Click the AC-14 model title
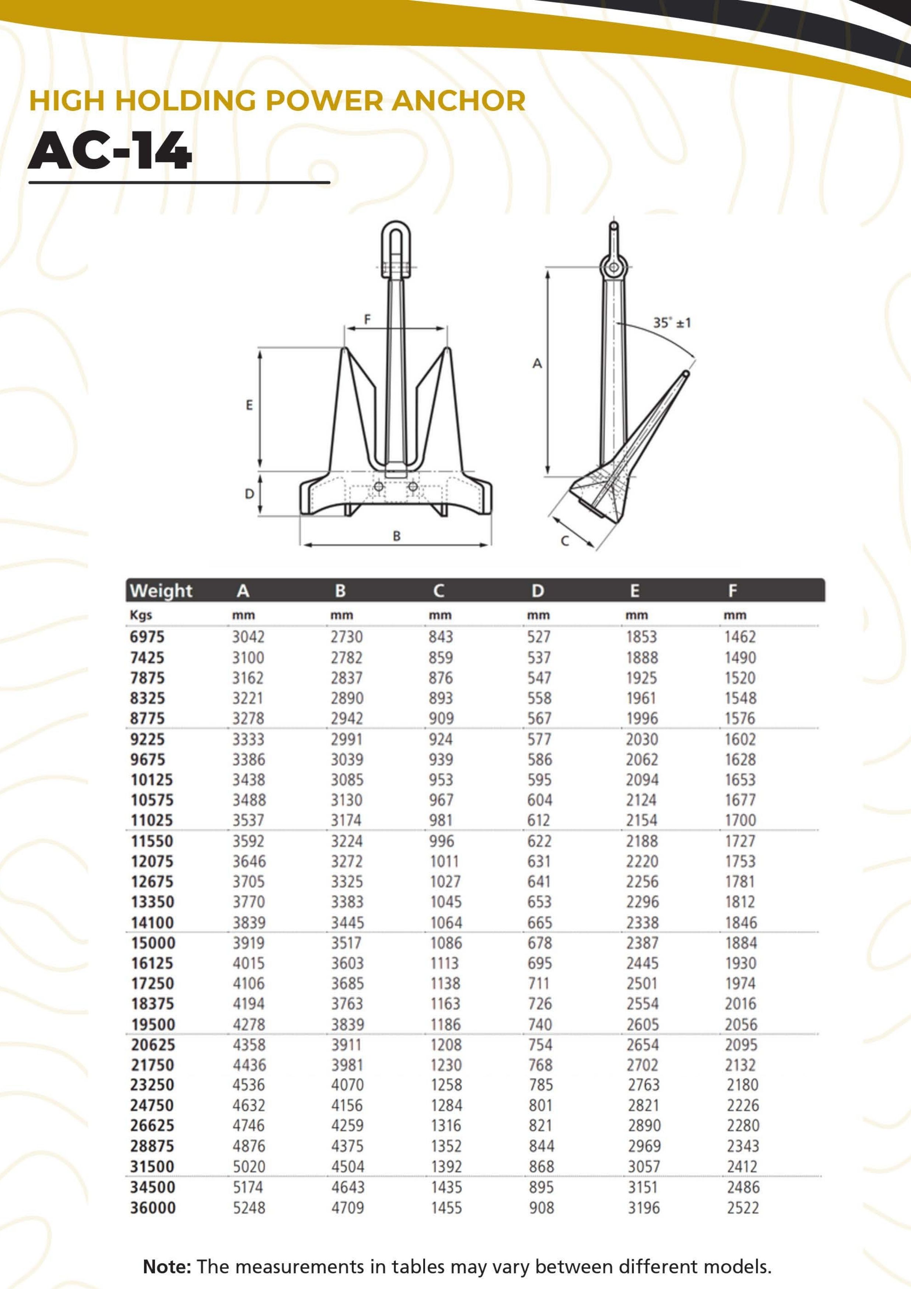click(x=110, y=151)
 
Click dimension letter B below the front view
click(x=397, y=536)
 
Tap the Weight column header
click(x=161, y=591)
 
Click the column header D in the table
click(x=538, y=591)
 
